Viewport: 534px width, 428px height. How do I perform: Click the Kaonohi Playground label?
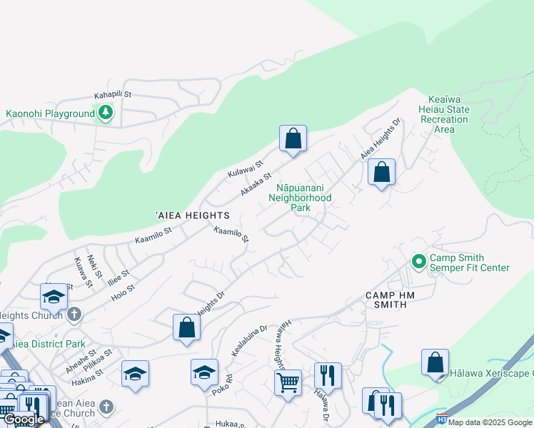point(50,113)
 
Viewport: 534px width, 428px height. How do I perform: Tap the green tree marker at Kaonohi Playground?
point(106,112)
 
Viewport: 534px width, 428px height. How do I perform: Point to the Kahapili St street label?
point(114,94)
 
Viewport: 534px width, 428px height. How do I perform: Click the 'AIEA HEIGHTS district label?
point(193,215)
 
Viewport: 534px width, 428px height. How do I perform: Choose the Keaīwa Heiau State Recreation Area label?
point(448,114)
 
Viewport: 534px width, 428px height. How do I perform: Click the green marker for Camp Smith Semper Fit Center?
point(418,263)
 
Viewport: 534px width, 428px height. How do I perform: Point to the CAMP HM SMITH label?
point(396,300)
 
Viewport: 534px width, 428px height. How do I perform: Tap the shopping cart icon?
point(288,382)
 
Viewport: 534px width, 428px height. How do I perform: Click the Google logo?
point(24,419)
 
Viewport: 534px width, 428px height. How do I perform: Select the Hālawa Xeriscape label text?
point(491,372)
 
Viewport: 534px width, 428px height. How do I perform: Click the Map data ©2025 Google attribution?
point(490,422)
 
